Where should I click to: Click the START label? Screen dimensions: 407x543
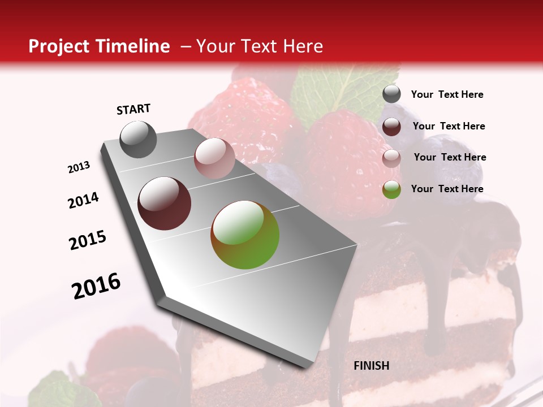(x=133, y=109)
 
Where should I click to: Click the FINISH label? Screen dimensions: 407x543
(x=371, y=366)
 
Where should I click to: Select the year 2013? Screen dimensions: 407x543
(x=79, y=167)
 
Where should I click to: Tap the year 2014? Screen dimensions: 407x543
(x=83, y=200)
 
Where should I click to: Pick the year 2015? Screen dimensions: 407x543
(x=88, y=240)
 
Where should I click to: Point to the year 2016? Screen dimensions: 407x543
(x=96, y=286)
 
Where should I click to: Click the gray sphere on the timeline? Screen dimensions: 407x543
(x=138, y=140)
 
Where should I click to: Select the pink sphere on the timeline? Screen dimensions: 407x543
(x=214, y=158)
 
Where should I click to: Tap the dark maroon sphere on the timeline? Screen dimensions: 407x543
(x=164, y=203)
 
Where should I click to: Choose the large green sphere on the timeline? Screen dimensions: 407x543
(x=245, y=235)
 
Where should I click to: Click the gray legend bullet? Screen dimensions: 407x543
(x=391, y=94)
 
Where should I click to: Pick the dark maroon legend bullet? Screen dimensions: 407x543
(x=391, y=127)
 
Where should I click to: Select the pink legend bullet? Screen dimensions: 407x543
(x=391, y=158)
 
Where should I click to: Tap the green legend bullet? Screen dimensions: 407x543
(x=391, y=189)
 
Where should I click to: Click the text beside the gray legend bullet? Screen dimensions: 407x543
(x=447, y=94)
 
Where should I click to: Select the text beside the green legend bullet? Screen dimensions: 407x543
(x=447, y=189)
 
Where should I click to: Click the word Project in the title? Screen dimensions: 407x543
(x=59, y=46)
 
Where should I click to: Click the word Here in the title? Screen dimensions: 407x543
(x=303, y=46)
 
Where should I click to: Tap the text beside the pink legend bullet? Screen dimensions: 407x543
(x=450, y=157)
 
